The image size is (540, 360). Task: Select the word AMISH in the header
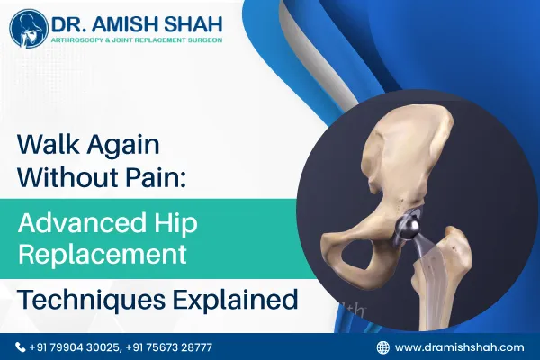point(129,21)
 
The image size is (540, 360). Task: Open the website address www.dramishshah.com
point(459,346)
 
